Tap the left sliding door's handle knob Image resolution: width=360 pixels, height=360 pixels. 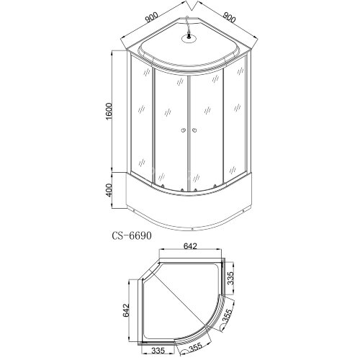pyautogui.click(x=184, y=130)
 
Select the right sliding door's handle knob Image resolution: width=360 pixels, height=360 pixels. pyautogui.click(x=194, y=130)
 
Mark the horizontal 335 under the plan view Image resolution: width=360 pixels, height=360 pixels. pyautogui.click(x=164, y=350)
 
